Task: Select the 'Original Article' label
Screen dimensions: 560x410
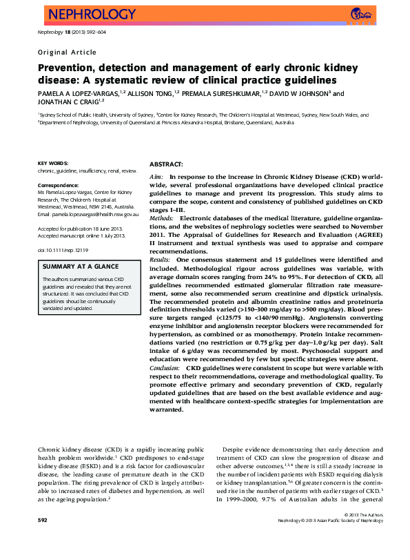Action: click(67, 52)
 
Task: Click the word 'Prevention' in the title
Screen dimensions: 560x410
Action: click(65, 68)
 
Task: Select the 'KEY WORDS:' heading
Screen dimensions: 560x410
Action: click(52, 162)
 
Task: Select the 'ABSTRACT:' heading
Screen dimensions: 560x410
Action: click(166, 165)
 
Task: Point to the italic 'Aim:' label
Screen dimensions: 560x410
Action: click(156, 177)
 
